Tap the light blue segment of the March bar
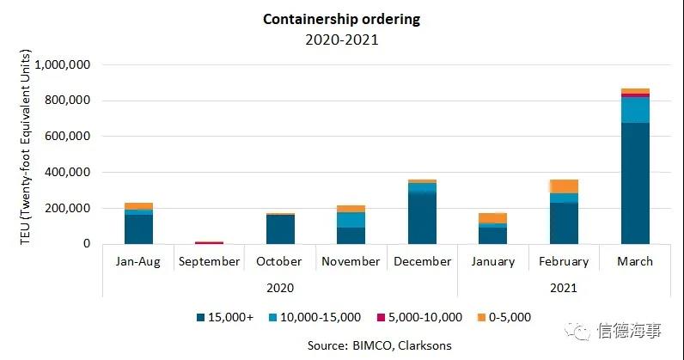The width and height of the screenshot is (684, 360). tap(635, 110)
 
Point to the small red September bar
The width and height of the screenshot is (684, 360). tap(209, 242)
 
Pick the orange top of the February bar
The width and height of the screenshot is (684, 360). tap(564, 186)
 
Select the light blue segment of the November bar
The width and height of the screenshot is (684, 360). tap(351, 219)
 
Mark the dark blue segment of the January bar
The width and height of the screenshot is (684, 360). tap(492, 235)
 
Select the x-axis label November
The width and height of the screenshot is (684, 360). tap(351, 261)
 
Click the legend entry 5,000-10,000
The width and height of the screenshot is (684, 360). tap(422, 317)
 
